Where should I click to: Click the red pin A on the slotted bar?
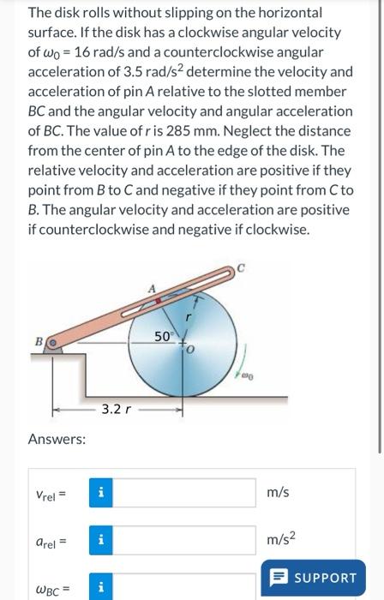158,301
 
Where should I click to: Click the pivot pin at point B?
54,343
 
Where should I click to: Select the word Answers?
57,440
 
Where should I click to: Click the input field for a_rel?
185,541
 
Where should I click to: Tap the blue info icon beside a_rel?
101,541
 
